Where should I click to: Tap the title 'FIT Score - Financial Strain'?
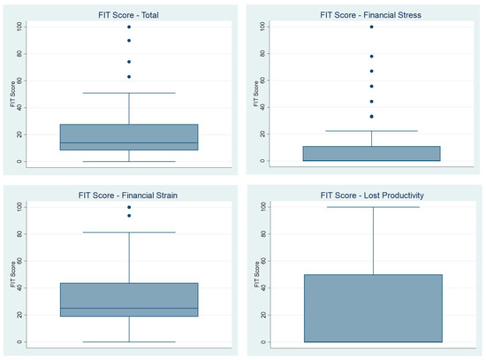129,194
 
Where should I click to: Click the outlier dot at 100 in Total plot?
129,27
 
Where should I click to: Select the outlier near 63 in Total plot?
129,76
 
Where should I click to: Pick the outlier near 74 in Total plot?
129,61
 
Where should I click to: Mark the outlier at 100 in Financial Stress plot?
371,27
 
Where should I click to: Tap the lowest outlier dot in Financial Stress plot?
371,117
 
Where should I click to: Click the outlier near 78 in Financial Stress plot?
371,56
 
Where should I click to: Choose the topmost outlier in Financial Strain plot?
129,207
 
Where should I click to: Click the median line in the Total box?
129,142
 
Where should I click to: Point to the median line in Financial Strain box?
129,308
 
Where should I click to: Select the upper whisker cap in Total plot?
129,93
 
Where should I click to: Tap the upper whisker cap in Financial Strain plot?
129,232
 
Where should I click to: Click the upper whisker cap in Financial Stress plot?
371,131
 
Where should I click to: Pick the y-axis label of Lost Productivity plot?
254,274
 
